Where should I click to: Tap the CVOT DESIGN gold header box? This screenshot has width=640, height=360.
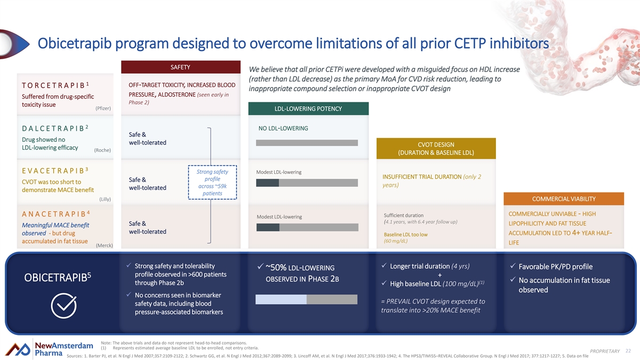(x=436, y=149)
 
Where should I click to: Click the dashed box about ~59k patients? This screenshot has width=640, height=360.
(x=213, y=183)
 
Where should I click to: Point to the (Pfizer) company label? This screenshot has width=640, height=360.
(x=102, y=109)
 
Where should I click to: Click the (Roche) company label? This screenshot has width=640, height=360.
(x=102, y=150)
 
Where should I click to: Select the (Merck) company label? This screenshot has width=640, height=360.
(x=103, y=245)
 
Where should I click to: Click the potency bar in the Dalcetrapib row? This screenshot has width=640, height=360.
(x=307, y=142)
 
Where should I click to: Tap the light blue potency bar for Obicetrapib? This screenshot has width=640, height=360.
(x=281, y=300)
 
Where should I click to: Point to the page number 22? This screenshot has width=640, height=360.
(x=628, y=350)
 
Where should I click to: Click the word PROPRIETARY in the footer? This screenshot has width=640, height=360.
(x=604, y=350)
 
